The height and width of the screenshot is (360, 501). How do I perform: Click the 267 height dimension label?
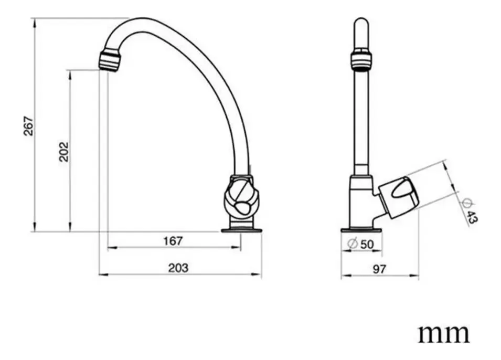[x=28, y=126]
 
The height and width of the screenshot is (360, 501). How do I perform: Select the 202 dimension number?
[x=64, y=152]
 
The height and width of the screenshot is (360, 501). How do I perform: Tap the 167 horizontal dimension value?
[x=173, y=240]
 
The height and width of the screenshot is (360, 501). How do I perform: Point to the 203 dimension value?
[x=178, y=268]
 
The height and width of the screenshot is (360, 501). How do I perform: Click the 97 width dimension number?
[x=380, y=269]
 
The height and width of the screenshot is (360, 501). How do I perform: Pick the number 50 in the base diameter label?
[x=367, y=244]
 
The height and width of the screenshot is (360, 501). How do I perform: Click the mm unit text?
[x=444, y=334]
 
